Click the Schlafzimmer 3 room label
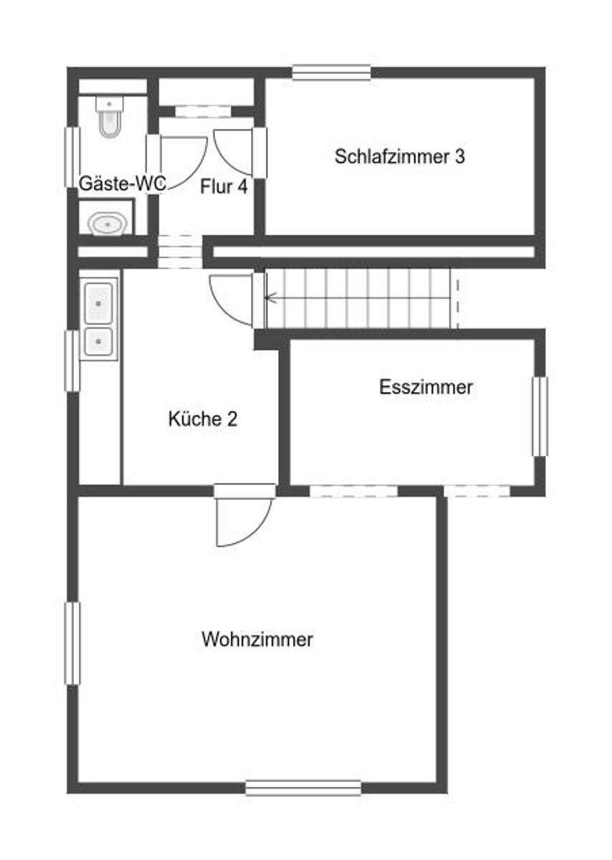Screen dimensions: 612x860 point(400,157)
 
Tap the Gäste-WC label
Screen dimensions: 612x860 point(123,183)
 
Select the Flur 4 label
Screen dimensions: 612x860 point(224,186)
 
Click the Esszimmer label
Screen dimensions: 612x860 point(426,387)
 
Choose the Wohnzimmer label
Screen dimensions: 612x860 point(257,639)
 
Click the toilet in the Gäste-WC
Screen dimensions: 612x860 point(110,116)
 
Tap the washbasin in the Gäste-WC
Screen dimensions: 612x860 point(107,224)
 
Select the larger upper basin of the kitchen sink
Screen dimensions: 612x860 point(99,303)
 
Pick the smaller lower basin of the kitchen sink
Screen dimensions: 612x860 point(99,341)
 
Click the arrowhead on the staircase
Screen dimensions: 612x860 point(271,297)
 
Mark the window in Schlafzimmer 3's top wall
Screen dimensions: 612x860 point(331,72)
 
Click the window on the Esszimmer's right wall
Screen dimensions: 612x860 point(540,416)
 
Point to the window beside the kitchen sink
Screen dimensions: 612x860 point(72,361)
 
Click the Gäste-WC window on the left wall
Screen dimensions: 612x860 point(72,158)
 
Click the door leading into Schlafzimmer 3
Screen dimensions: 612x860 point(240,153)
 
